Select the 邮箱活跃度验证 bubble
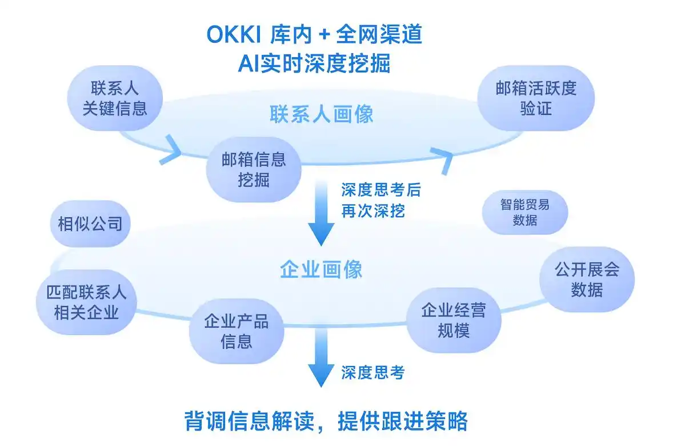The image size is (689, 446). [536, 98]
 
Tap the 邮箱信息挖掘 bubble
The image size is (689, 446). [254, 169]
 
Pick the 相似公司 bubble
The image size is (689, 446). [90, 224]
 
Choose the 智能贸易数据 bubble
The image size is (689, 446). [524, 212]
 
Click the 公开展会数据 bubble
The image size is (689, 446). [587, 279]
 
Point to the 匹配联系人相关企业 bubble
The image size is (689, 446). [86, 302]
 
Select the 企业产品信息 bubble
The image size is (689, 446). [236, 331]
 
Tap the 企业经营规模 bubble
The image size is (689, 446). [454, 320]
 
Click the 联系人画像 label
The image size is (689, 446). [322, 114]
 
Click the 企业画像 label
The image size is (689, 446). [322, 269]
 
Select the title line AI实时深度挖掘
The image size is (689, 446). [314, 63]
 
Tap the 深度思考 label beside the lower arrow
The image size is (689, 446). [373, 373]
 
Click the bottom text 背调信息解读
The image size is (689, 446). [249, 421]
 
